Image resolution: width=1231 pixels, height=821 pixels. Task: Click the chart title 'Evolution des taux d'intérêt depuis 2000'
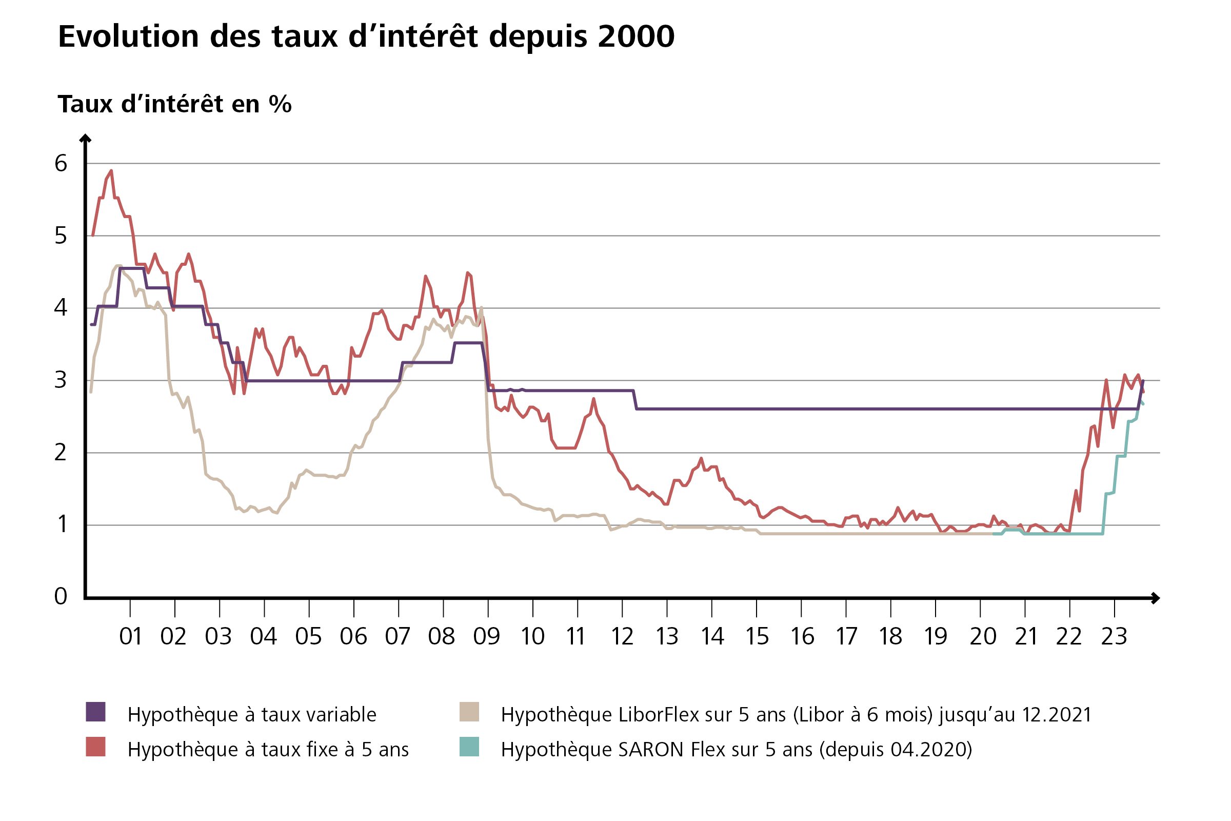click(x=366, y=36)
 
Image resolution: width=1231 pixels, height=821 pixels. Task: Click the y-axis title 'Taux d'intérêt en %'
click(x=174, y=104)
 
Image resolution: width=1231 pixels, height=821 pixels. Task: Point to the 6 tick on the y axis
click(x=61, y=164)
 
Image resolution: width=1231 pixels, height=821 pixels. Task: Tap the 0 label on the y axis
click(x=61, y=596)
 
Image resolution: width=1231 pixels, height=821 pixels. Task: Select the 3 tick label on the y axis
click(x=61, y=380)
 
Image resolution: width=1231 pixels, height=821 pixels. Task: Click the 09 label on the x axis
click(x=487, y=637)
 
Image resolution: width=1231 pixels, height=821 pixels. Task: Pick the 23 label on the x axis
click(x=1114, y=637)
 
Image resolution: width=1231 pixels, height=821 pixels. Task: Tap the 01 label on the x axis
click(x=130, y=637)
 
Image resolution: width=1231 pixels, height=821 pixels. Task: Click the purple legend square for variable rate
click(x=96, y=712)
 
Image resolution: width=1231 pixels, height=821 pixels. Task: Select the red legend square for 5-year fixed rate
click(x=96, y=747)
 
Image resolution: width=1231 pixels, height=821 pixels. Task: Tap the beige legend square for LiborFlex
click(x=469, y=712)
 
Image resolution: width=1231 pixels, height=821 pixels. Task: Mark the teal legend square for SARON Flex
click(x=469, y=747)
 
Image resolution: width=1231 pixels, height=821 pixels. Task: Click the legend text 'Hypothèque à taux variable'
click(x=252, y=715)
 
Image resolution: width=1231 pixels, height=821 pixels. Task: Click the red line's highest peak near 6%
click(x=111, y=171)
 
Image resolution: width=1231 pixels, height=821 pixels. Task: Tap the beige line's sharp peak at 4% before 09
click(x=481, y=308)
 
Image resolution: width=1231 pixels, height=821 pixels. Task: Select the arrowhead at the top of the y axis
click(x=85, y=138)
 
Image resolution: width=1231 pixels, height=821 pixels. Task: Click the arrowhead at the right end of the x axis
click(x=1156, y=598)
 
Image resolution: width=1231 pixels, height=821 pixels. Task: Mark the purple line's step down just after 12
click(x=636, y=400)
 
